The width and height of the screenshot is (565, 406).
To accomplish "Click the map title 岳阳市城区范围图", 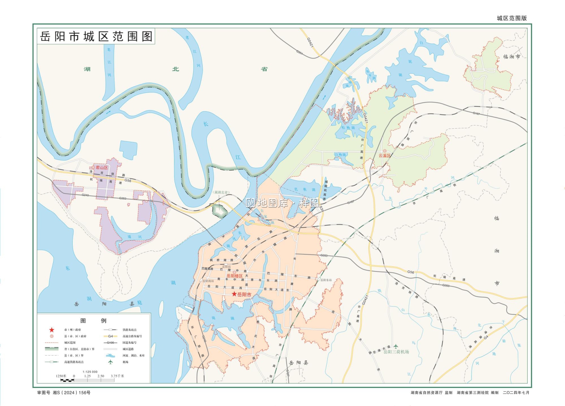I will (x=96, y=37).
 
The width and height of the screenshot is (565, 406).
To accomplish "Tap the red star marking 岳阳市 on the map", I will (x=234, y=294).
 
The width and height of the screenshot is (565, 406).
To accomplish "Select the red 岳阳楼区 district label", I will (x=235, y=276).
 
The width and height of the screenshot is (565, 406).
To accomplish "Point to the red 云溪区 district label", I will (x=385, y=155).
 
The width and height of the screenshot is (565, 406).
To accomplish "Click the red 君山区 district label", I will (x=102, y=168).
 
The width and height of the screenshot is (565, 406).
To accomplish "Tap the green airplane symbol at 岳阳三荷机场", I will (x=395, y=346).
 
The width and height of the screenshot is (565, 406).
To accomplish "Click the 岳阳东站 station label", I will (x=326, y=280).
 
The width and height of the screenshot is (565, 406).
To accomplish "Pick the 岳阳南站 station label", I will (x=208, y=281).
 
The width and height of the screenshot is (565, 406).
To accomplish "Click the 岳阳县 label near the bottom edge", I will (x=298, y=363).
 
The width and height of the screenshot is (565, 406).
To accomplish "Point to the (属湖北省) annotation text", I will (x=221, y=192).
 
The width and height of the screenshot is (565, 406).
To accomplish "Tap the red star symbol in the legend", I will (x=52, y=330).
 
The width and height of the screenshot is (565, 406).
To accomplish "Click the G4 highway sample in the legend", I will (x=110, y=336).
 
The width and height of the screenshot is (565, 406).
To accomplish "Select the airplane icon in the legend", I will (x=110, y=362).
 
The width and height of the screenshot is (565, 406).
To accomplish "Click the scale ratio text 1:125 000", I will (x=90, y=372).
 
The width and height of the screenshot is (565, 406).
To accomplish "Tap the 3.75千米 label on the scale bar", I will (x=117, y=376).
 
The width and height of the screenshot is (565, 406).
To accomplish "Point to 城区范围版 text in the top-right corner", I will (x=512, y=18).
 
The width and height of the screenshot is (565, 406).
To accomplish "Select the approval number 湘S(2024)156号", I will (x=72, y=392).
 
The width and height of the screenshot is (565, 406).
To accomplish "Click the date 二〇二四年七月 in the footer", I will (x=516, y=392).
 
